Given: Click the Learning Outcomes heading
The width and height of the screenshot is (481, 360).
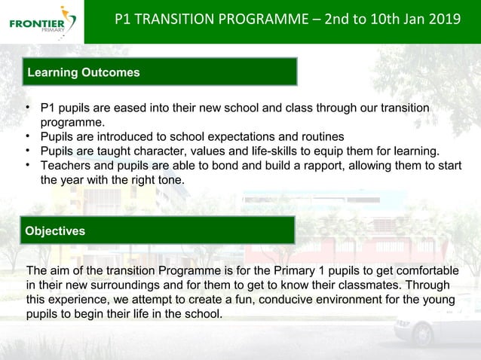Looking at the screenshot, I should [x=84, y=72].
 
